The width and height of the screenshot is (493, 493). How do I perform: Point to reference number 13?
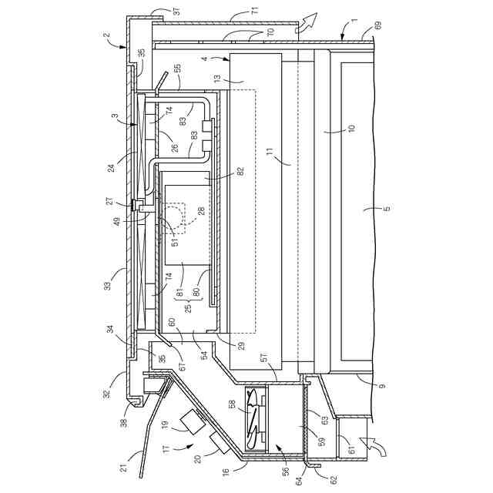[x=218, y=79]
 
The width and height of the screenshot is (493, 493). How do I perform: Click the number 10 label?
[x=350, y=127]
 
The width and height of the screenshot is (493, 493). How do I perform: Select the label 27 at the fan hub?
[x=110, y=202]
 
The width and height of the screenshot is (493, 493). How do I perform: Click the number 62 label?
[x=334, y=479]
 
